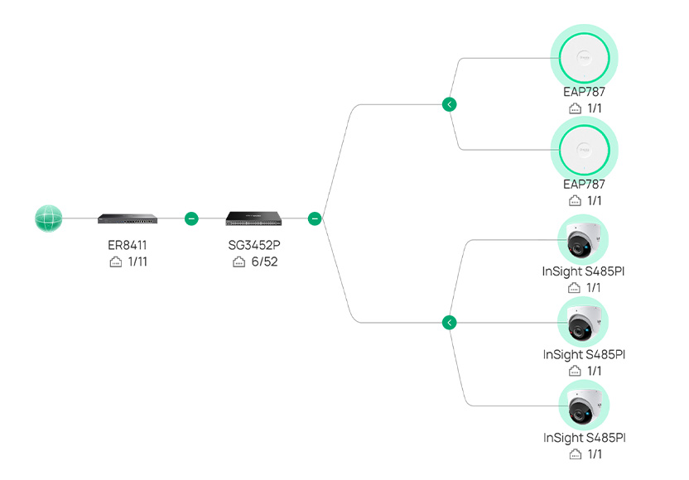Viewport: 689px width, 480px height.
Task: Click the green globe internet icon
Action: click(x=48, y=218)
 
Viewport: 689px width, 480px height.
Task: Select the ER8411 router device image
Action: click(x=128, y=218)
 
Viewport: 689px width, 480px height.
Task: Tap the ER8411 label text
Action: click(x=128, y=245)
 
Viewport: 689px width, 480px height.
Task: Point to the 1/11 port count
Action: click(x=137, y=262)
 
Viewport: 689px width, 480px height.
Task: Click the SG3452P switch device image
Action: click(x=253, y=218)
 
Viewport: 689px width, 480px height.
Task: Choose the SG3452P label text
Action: click(x=254, y=245)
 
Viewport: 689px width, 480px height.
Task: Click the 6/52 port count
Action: click(x=264, y=262)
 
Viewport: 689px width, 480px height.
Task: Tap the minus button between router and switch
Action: click(x=191, y=218)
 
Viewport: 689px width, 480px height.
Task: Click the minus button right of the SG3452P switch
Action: click(x=315, y=218)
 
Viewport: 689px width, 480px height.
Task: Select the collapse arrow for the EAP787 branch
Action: click(x=449, y=104)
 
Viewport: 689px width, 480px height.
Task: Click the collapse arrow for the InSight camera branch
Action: click(x=449, y=323)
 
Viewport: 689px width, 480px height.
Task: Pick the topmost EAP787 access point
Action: click(x=584, y=58)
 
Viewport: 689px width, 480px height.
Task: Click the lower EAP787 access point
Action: click(x=584, y=150)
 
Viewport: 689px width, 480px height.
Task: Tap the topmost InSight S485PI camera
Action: click(x=583, y=240)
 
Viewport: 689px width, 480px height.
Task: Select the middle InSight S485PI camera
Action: click(x=583, y=323)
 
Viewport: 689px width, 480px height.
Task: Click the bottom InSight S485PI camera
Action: click(x=584, y=406)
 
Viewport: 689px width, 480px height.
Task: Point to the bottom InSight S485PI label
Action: click(x=585, y=438)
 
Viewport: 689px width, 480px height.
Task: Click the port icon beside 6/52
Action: click(x=238, y=262)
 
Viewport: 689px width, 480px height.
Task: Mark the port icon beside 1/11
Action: click(x=116, y=262)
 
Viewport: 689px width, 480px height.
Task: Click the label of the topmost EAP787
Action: click(x=584, y=92)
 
